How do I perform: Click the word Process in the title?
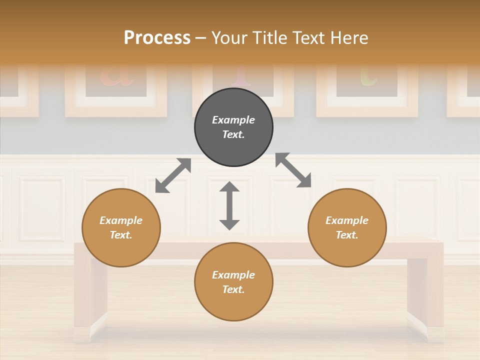(x=157, y=38)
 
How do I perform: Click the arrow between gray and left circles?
(x=173, y=175)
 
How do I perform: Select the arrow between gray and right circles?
(x=293, y=170)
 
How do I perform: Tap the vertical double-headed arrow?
(x=229, y=205)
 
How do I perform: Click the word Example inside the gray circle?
(x=233, y=120)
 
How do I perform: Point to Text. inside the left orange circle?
(x=121, y=235)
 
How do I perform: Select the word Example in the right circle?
(x=347, y=220)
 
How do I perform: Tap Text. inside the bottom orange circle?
(x=233, y=289)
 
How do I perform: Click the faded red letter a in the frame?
(x=117, y=75)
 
